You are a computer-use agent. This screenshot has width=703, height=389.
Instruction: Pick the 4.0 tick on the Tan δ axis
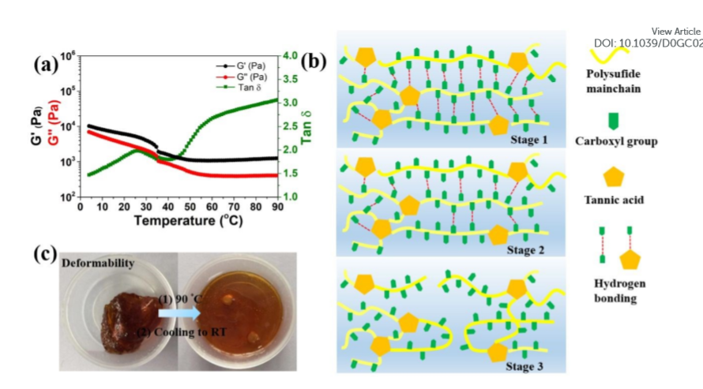click(x=292, y=55)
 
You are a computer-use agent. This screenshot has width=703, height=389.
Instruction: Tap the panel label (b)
click(x=314, y=61)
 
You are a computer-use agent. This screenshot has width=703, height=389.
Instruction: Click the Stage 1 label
click(x=525, y=139)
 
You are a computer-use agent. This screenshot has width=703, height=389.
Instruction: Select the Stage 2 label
click(x=525, y=250)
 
